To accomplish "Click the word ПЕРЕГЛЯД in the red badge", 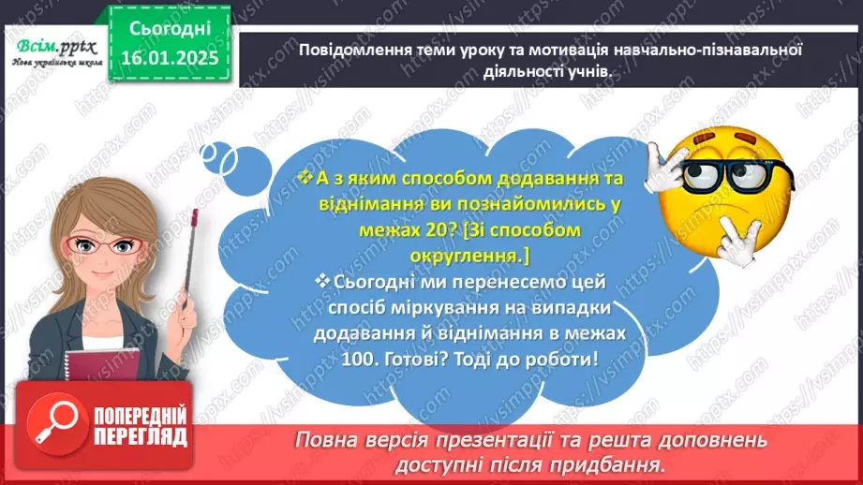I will (141, 436).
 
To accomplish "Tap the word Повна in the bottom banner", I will (323, 441).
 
